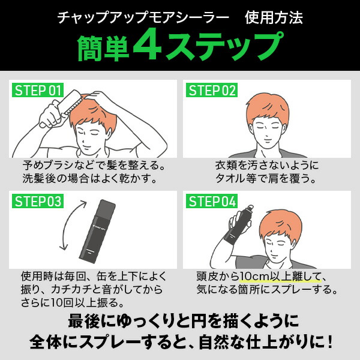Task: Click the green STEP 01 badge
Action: (x=38, y=91)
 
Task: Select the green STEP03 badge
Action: (x=37, y=201)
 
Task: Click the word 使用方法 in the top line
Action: (x=274, y=17)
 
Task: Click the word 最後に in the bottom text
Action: (x=88, y=318)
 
